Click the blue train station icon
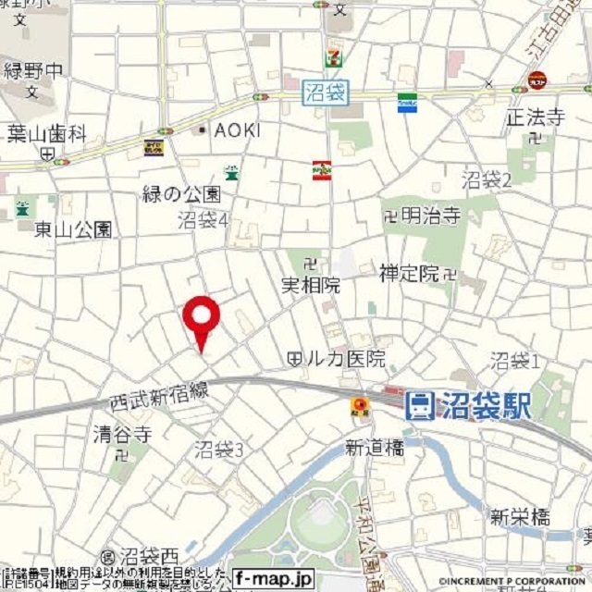click(x=419, y=404)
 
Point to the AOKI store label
click(x=237, y=129)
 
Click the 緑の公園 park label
click(x=181, y=194)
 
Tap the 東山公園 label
click(x=73, y=228)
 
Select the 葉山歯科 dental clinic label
click(x=46, y=133)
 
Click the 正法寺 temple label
click(x=534, y=118)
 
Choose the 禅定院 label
click(x=409, y=273)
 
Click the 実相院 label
click(x=310, y=286)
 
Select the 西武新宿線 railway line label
click(x=157, y=395)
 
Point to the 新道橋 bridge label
click(x=375, y=448)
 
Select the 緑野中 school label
click(x=34, y=68)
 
